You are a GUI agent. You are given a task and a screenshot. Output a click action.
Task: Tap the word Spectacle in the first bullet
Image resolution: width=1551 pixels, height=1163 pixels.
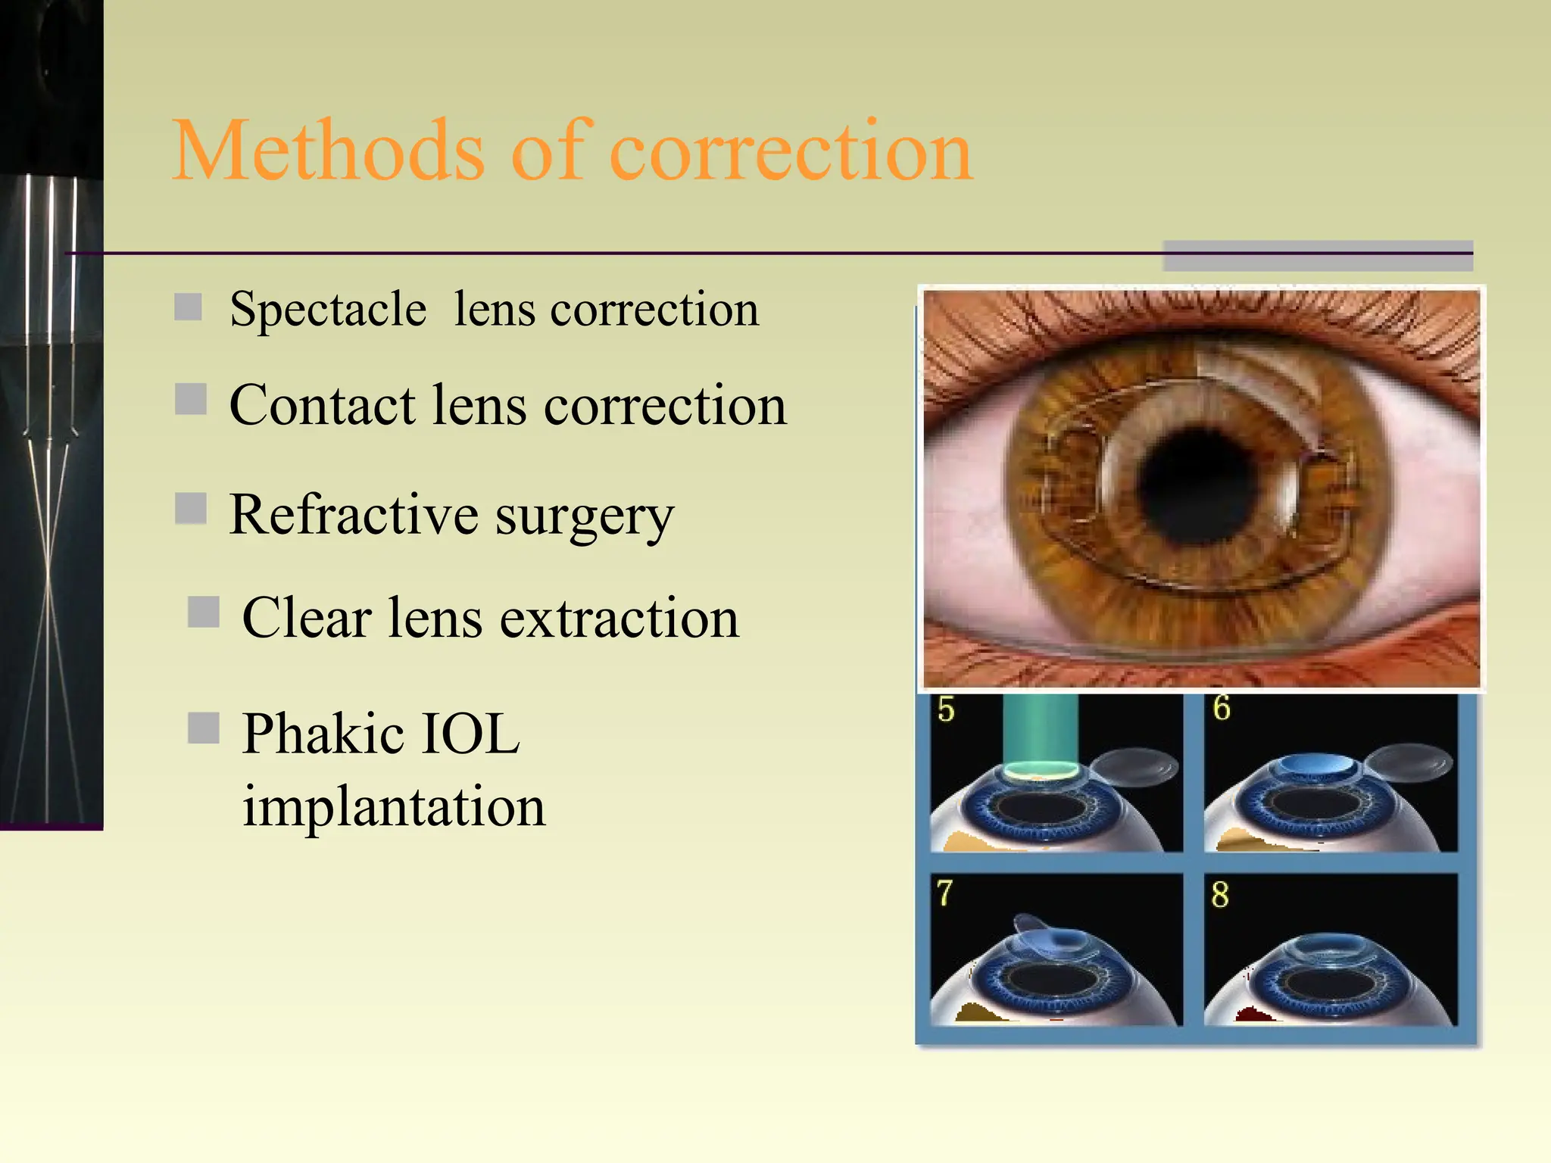pos(328,310)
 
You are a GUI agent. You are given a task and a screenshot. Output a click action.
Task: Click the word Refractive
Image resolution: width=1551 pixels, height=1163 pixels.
pos(353,515)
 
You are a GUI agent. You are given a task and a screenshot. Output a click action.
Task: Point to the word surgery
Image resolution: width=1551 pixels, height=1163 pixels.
pos(584,518)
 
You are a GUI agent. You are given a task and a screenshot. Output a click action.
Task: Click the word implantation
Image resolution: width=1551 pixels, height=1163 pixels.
pos(393,806)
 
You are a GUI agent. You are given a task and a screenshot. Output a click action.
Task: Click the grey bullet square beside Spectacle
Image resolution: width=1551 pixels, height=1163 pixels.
pos(188,307)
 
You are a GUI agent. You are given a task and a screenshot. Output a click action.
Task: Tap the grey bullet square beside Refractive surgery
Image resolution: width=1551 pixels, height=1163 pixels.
pos(191,509)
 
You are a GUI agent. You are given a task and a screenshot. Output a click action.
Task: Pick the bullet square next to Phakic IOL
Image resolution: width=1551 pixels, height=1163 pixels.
pos(203,728)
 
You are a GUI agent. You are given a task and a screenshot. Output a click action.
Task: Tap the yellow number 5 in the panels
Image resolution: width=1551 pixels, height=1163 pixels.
pos(946,709)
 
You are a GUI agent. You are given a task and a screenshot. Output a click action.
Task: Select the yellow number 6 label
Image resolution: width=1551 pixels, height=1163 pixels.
pos(1221,708)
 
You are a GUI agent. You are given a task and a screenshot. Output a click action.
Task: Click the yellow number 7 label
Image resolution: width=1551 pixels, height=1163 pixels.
pos(944,893)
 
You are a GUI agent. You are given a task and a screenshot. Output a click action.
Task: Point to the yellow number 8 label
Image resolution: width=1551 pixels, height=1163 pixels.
pos(1219,894)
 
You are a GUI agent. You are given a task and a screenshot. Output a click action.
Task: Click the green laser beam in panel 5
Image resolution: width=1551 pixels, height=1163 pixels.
pos(1040,731)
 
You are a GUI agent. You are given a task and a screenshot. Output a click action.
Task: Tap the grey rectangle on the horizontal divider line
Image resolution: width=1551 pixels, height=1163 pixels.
pos(1317,255)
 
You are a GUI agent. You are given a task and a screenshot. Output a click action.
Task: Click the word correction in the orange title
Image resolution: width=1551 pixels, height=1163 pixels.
pos(791,151)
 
